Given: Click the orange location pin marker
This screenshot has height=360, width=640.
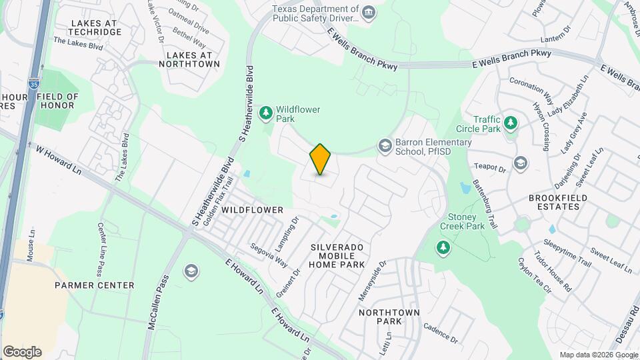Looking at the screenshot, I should pyautogui.click(x=321, y=159).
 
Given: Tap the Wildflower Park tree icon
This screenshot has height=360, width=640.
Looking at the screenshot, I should pyautogui.click(x=266, y=113).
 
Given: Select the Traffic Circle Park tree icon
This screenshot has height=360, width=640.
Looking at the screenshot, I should pyautogui.click(x=511, y=123).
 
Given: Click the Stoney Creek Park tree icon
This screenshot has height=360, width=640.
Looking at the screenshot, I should pyautogui.click(x=442, y=248).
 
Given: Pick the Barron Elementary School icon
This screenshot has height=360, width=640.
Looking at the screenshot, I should pyautogui.click(x=385, y=145).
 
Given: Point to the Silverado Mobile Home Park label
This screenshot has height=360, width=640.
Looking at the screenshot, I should pyautogui.click(x=337, y=255).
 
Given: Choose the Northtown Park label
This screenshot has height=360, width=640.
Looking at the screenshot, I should pyautogui.click(x=389, y=317).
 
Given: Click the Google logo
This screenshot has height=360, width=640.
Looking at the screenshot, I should pyautogui.click(x=22, y=351).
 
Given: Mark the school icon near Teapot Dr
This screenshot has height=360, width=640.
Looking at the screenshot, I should pyautogui.click(x=519, y=163).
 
